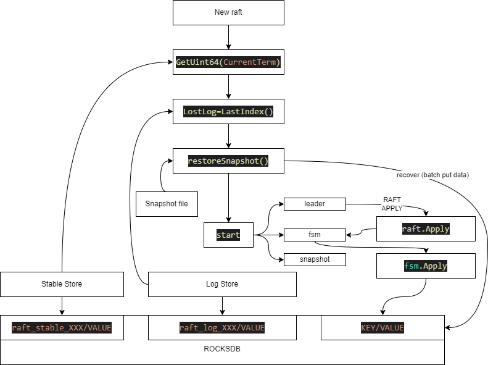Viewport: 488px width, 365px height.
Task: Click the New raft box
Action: point(228,12)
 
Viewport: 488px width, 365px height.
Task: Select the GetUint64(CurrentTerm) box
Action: point(228,62)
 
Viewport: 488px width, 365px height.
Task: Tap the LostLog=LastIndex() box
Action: point(228,111)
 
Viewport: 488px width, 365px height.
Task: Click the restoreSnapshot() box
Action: point(228,161)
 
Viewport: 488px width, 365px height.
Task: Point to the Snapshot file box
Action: point(167,204)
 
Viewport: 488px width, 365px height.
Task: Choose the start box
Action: point(228,235)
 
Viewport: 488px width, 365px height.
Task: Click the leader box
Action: point(315,204)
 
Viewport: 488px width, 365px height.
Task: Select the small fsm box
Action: point(315,235)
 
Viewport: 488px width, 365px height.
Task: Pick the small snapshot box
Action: point(315,259)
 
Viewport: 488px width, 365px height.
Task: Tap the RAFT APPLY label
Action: point(392,204)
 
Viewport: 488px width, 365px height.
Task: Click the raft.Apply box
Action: point(426,229)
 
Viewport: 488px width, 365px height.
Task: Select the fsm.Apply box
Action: point(426,266)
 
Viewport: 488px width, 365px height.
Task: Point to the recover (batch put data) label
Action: point(432,175)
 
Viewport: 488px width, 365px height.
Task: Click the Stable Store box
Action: point(62,284)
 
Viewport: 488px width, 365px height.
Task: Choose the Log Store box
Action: point(222,284)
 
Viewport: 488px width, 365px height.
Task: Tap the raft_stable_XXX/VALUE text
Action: point(62,328)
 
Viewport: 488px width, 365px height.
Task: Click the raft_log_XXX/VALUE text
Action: point(222,328)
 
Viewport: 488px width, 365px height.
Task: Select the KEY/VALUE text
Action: point(383,328)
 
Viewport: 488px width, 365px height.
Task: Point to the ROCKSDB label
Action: point(222,348)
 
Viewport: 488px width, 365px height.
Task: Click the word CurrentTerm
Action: point(251,62)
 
